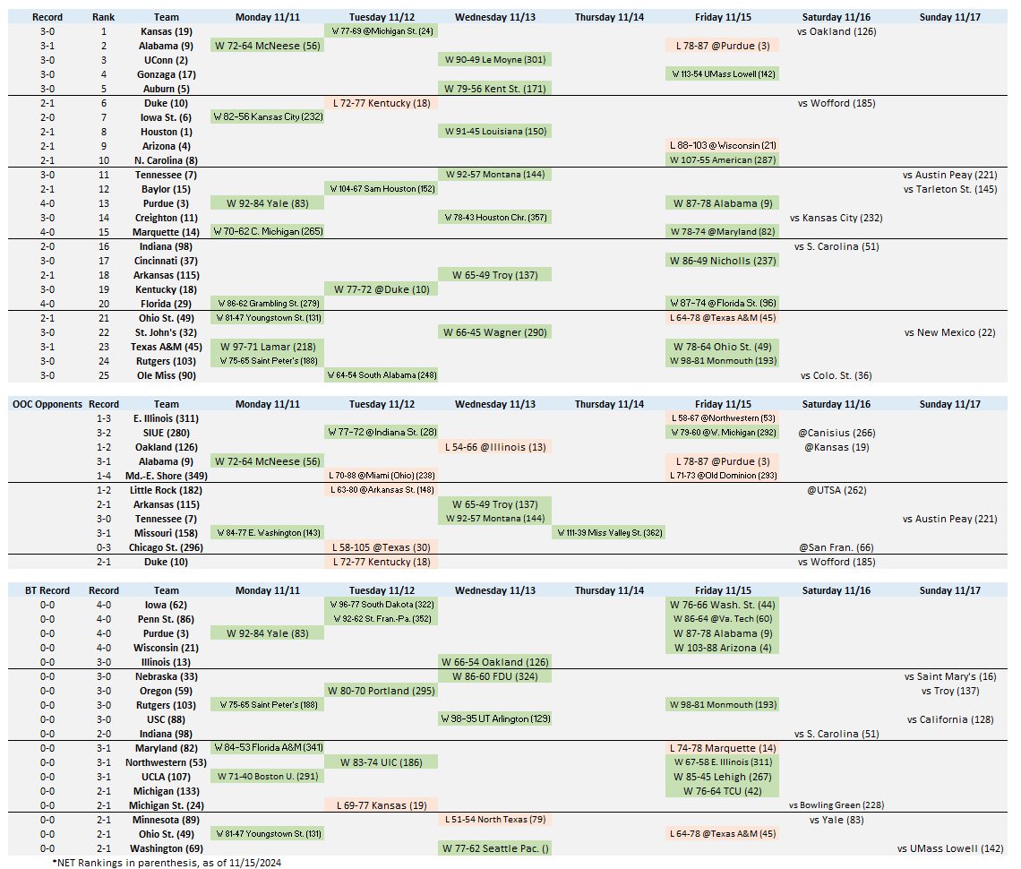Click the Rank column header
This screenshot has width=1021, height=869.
pyautogui.click(x=103, y=17)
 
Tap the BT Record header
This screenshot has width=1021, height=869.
pyautogui.click(x=47, y=590)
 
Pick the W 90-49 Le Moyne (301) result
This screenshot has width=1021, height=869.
pyautogui.click(x=494, y=60)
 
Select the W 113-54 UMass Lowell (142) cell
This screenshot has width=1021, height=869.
pyautogui.click(x=723, y=74)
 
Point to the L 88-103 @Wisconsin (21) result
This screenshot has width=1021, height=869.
pyautogui.click(x=723, y=146)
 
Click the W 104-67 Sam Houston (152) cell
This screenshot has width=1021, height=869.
pyautogui.click(x=381, y=189)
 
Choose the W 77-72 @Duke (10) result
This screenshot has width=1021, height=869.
pyautogui.click(x=381, y=289)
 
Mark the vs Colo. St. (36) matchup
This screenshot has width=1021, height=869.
pyautogui.click(x=836, y=375)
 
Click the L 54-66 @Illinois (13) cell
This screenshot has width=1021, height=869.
pyautogui.click(x=494, y=447)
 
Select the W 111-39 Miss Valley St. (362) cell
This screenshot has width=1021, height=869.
pyautogui.click(x=608, y=533)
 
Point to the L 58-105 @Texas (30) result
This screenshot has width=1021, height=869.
pyautogui.click(x=381, y=547)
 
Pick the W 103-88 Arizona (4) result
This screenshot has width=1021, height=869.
pyautogui.click(x=723, y=648)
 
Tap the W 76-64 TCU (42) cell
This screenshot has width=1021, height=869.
pyautogui.click(x=723, y=791)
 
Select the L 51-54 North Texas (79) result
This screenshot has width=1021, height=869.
pyautogui.click(x=494, y=820)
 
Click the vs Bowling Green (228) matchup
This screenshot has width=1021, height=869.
pyautogui.click(x=836, y=805)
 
